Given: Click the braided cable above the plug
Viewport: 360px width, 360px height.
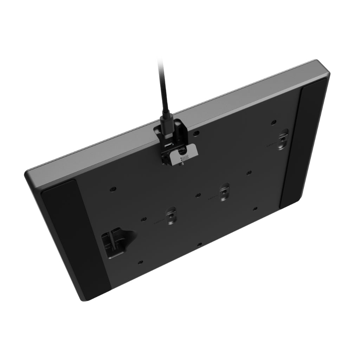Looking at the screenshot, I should point(163,88).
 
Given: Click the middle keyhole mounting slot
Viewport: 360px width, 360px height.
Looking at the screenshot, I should point(224,192).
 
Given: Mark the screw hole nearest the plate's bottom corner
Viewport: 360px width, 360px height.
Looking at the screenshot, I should point(140,262).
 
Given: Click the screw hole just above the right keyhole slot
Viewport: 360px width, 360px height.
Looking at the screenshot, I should point(274,123).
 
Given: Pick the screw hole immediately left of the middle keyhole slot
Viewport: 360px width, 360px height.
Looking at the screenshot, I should point(198,194).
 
